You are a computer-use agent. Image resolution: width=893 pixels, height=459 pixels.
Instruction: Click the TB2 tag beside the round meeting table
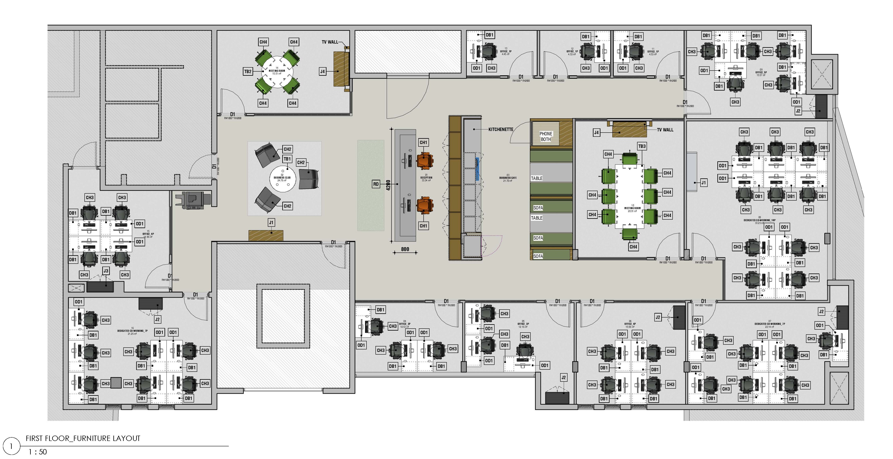[x=248, y=72]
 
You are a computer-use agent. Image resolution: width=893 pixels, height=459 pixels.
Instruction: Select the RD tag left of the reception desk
[x=376, y=184]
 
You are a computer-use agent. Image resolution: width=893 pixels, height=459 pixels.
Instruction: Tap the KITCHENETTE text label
[x=501, y=129]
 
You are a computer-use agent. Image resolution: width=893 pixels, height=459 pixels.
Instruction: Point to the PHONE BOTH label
[x=546, y=136]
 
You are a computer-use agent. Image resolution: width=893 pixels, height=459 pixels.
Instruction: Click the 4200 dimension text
[x=389, y=185]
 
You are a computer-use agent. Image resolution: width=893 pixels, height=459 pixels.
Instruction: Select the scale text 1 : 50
[x=37, y=452]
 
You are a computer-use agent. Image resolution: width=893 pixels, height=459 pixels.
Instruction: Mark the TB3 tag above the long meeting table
[x=642, y=146]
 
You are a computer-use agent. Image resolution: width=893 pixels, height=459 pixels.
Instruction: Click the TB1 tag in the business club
[x=287, y=159]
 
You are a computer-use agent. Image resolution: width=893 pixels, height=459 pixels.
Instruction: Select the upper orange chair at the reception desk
[x=425, y=161]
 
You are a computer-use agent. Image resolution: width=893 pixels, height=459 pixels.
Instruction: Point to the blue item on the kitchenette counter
[x=477, y=169]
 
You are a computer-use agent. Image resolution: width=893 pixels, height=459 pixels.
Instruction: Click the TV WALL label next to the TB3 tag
[x=665, y=130]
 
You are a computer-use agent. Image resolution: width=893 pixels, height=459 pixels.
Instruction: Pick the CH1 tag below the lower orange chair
[x=423, y=226]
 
